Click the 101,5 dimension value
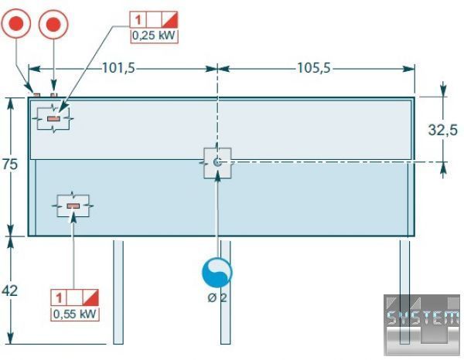point(118,68)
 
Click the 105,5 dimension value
point(314,68)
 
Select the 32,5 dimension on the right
point(442,130)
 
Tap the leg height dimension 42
point(10,290)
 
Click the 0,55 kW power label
point(75,314)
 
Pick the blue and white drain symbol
point(217,273)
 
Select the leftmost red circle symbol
point(17,25)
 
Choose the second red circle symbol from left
point(53,25)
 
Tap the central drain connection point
point(217,162)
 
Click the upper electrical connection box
point(53,118)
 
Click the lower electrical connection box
point(73,206)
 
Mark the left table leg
point(118,292)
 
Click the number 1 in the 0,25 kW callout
point(137,19)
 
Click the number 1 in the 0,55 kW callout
point(59,297)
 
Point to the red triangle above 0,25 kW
point(169,19)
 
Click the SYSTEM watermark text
point(422,317)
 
